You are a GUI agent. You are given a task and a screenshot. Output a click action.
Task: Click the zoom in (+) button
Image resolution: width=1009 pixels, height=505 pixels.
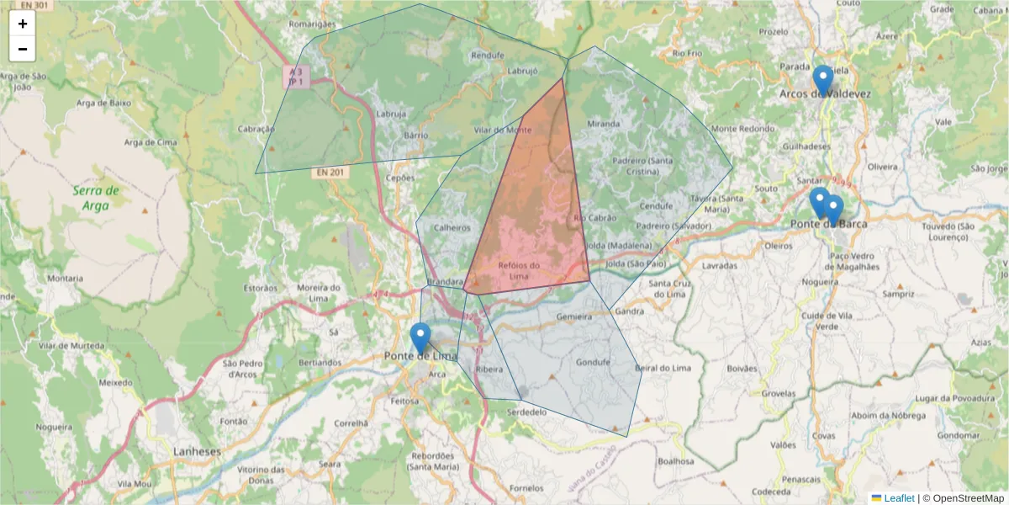coord(23,24)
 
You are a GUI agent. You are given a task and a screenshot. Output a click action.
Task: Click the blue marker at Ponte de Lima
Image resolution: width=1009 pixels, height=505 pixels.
coord(420,338)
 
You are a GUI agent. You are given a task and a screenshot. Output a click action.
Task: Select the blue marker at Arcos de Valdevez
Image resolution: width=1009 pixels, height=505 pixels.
coord(823,80)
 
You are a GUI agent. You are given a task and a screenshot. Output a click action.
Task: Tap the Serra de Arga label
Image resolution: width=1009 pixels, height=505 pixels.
coord(96,197)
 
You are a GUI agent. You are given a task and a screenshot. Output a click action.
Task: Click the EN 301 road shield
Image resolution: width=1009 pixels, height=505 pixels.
coord(33,5)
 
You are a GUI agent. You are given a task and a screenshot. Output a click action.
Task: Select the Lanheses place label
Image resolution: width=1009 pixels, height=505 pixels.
coord(197,451)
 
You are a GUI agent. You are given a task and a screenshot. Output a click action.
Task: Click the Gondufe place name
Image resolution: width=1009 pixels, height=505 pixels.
coord(592,364)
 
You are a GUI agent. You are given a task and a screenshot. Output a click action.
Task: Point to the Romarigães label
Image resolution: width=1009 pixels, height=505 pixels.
coord(312,24)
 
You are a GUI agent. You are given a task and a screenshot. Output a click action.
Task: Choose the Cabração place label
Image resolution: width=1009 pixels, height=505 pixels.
coord(256,129)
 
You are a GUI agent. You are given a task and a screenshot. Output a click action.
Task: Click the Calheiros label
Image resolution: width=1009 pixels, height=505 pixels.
coord(451,226)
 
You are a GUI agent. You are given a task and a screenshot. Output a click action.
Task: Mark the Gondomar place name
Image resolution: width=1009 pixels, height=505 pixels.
coord(959,435)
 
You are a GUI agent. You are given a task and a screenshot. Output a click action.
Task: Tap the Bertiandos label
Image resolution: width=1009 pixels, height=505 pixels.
coord(320,362)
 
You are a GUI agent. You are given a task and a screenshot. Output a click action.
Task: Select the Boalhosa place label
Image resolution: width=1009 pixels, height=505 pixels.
coord(676,460)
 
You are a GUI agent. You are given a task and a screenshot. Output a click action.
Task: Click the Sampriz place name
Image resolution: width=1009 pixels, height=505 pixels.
coord(898,295)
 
